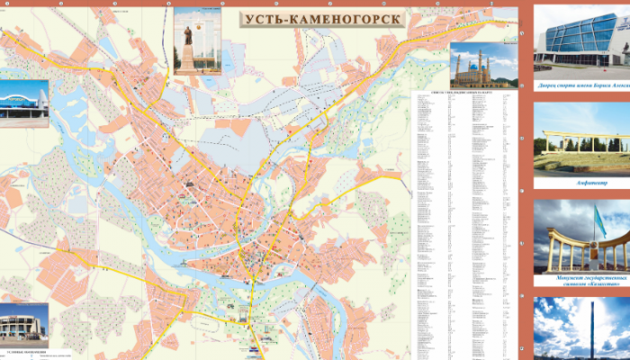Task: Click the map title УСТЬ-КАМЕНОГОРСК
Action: point(320,19)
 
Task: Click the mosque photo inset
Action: point(483,66)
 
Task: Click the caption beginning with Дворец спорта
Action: point(581,87)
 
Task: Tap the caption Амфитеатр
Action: point(581,183)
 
